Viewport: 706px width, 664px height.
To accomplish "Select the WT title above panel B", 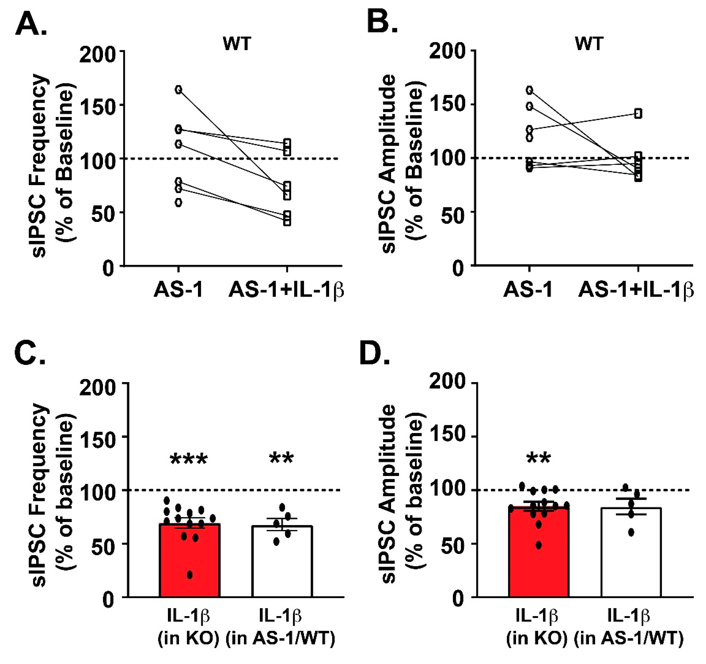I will pos(589,44).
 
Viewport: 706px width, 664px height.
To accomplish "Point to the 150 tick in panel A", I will pos(97,105).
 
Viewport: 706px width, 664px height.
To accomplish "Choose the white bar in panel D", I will pos(631,554).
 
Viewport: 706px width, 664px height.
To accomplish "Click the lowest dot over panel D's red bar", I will pos(539,545).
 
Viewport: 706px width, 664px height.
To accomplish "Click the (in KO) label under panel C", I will pos(188,638).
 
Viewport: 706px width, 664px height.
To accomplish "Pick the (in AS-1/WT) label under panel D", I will pos(629,638).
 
